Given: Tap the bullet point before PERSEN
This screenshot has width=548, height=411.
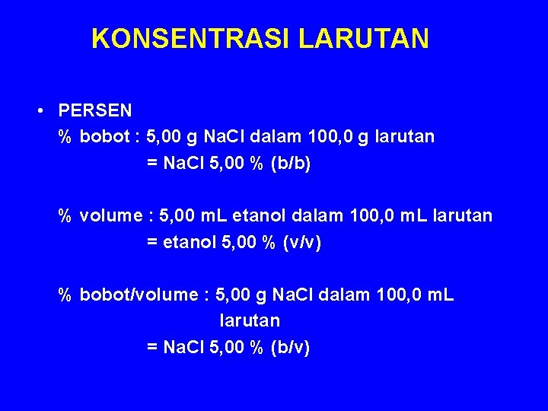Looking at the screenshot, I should coord(39,110).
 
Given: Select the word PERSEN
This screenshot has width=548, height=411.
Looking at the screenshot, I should coord(95,111).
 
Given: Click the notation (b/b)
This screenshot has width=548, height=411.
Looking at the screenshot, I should coord(290,164).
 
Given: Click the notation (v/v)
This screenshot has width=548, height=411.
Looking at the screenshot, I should coord(302,243).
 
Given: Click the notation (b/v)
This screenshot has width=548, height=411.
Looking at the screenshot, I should coord(290,348).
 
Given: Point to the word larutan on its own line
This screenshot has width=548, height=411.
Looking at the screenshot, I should coord(250,321).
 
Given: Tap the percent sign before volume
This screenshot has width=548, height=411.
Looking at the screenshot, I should coord(65,217).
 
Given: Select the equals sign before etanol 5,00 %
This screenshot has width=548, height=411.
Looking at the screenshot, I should coord(151,244).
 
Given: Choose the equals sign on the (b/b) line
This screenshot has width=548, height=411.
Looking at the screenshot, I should coord(151,164).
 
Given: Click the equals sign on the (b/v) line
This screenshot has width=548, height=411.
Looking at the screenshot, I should coord(151,349).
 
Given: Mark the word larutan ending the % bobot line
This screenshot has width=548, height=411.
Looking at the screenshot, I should coord(404,137).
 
